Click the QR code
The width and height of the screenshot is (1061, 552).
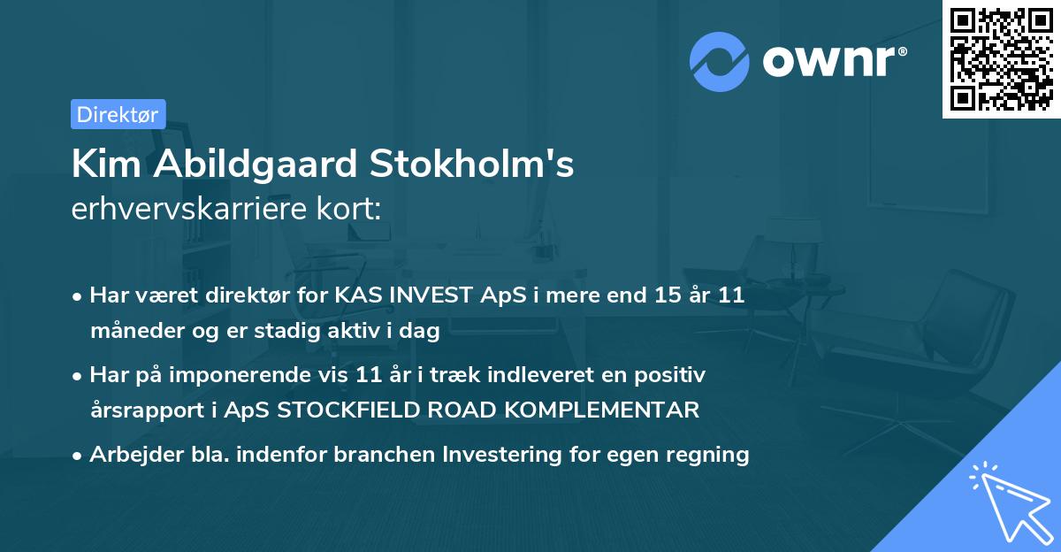point(1001,59)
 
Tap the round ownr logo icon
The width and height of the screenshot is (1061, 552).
point(719,62)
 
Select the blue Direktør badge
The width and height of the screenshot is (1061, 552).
point(118,114)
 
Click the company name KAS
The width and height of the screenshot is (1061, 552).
point(355,296)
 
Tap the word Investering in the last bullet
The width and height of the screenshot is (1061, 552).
point(507,455)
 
